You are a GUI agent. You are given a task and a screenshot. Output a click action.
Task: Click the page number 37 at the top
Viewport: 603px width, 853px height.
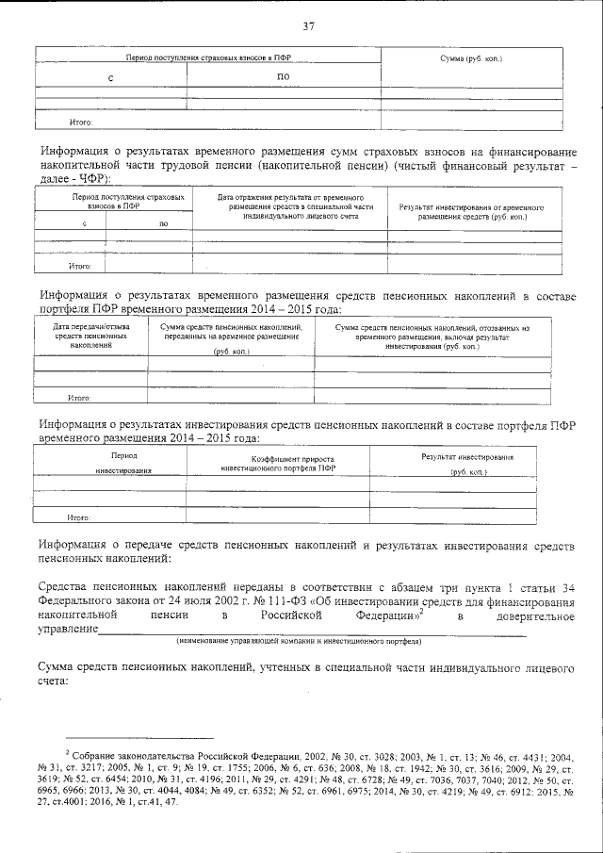(308, 25)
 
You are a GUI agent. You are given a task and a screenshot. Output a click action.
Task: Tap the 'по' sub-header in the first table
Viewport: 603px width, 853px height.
(284, 76)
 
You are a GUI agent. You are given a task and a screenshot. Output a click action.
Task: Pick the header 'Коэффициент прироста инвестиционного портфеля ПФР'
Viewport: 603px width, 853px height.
(277, 463)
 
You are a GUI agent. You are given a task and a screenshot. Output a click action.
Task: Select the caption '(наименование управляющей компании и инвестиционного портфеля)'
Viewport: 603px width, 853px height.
(299, 642)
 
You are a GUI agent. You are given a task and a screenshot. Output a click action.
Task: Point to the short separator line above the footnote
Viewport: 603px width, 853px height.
(140, 740)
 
